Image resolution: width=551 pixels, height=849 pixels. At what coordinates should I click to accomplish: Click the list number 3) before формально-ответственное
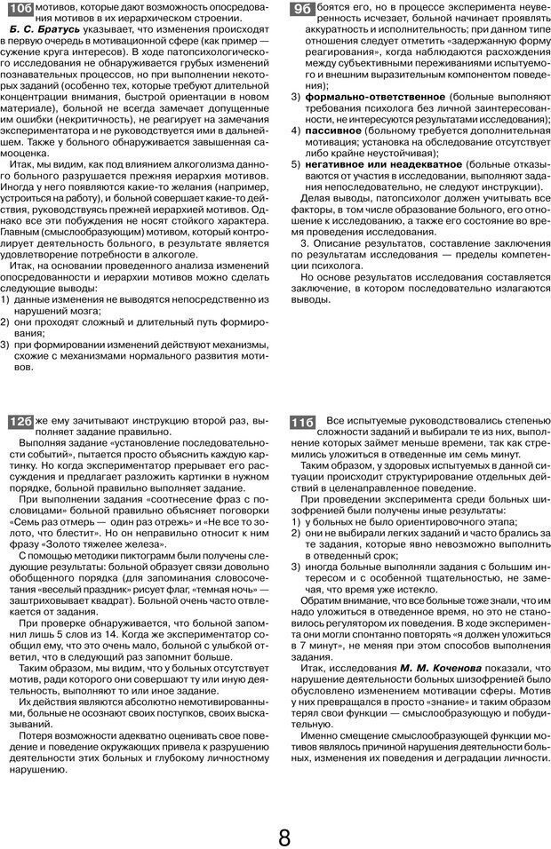[297, 96]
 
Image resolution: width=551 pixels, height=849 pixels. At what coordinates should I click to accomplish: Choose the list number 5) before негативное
[297, 163]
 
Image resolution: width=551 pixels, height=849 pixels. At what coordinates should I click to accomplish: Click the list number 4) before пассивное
[297, 129]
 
